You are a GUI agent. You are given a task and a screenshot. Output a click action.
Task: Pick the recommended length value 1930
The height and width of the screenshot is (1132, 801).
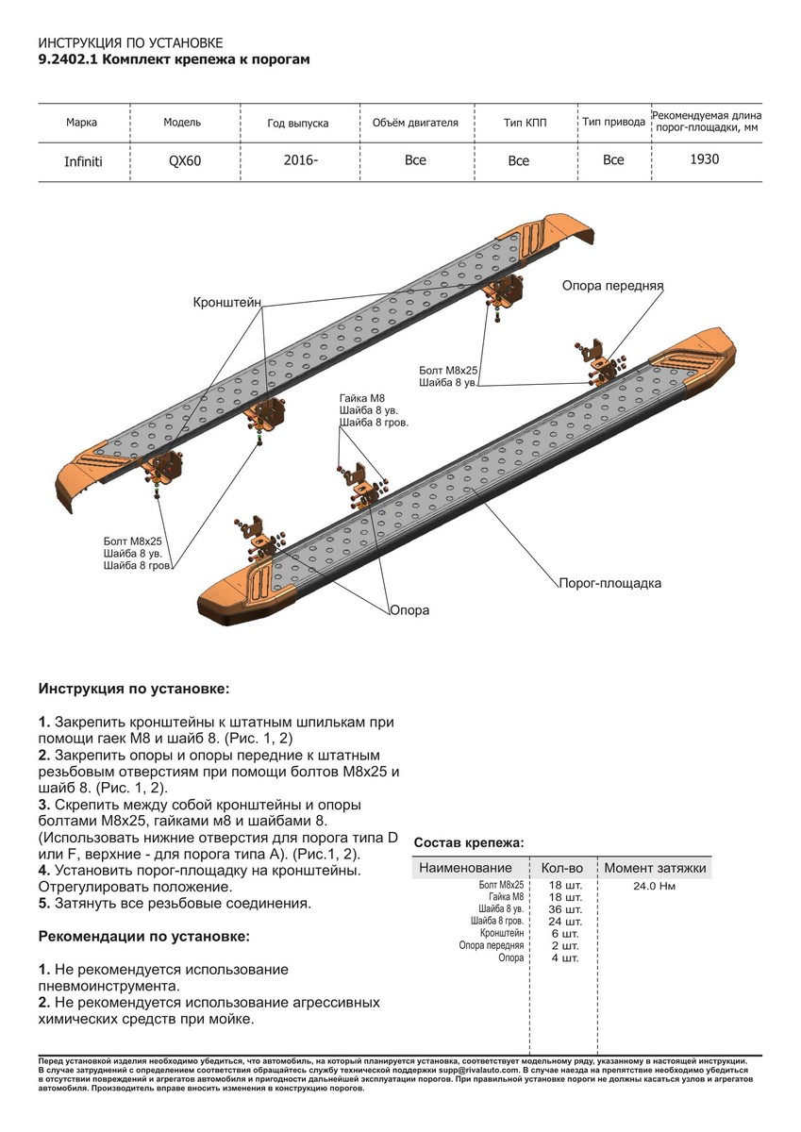coord(704,159)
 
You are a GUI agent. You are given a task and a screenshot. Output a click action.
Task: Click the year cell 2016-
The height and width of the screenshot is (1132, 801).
coord(300,160)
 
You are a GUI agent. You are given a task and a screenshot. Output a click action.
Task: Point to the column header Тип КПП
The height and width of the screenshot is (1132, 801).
coord(526,124)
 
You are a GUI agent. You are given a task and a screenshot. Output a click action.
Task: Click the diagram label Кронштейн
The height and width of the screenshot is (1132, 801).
coord(226,302)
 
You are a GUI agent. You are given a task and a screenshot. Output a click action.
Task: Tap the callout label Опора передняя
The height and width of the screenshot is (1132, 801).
coord(613,285)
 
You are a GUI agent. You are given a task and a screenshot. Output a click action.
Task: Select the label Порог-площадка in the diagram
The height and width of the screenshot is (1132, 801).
coord(609,583)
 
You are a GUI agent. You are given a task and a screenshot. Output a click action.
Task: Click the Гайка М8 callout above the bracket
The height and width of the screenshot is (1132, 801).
coord(362,397)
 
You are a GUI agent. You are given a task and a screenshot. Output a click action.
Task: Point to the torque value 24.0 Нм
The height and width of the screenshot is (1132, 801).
coord(655,886)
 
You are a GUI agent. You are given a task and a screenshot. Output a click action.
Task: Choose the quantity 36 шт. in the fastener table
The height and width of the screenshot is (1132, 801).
coord(565,909)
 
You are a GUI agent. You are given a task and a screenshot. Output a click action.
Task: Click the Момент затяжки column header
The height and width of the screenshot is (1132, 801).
coord(655,868)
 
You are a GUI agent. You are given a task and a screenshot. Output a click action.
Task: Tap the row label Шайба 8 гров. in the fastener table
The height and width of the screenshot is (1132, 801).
coord(497,922)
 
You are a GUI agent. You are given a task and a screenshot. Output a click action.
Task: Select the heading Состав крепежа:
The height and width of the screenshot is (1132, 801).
coord(469,842)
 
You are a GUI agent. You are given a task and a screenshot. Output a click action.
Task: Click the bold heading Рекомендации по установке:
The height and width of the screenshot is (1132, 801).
coord(144,937)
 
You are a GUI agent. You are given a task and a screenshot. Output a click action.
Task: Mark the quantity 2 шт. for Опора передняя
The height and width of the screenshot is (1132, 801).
coord(564,945)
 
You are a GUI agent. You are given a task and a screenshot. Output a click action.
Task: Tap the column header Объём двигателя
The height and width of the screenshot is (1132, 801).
coord(415,123)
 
